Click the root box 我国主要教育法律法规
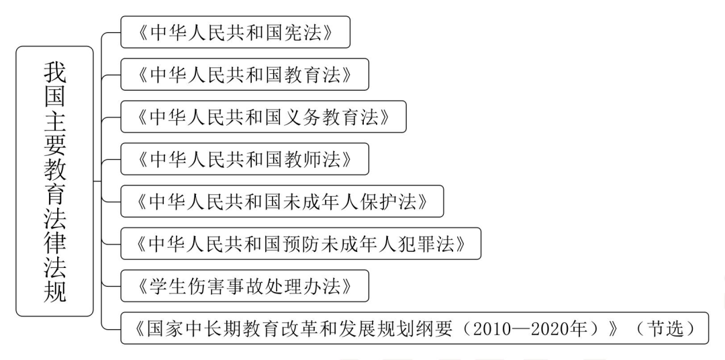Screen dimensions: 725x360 [54, 181]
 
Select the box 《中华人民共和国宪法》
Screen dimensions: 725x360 [236, 32]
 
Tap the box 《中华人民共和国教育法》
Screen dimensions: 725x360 [244, 74]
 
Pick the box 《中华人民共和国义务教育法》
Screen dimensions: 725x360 [264, 117]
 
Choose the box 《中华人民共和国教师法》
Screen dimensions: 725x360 [244, 159]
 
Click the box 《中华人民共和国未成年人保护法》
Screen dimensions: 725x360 [282, 201]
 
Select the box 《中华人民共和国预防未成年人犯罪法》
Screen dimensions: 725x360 [301, 243]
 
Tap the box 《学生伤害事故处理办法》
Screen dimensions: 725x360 [244, 286]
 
